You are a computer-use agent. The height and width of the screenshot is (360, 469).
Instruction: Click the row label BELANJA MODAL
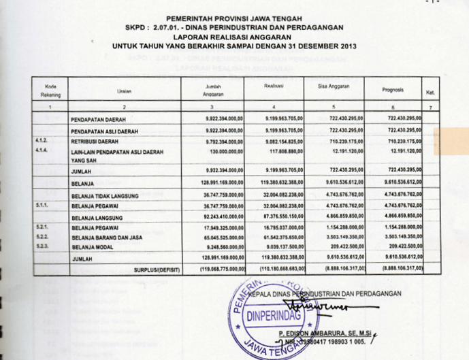[x=93, y=248]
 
